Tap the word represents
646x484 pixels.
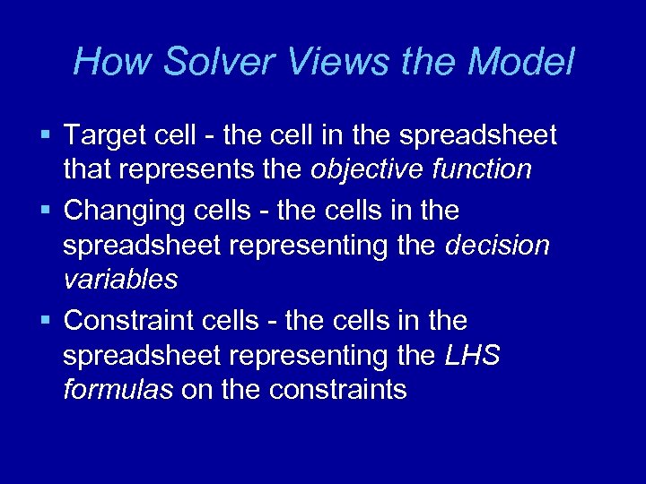[x=188, y=169]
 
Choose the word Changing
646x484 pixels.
[x=119, y=211]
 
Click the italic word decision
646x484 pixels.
[x=498, y=246]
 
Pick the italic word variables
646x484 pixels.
[x=120, y=280]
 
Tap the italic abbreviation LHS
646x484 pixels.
[x=472, y=356]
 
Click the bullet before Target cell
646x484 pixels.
[x=46, y=136]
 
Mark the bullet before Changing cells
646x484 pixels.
[x=46, y=211]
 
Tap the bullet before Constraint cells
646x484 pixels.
[x=46, y=320]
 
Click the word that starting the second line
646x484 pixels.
[x=83, y=169]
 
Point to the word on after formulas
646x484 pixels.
[x=195, y=390]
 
